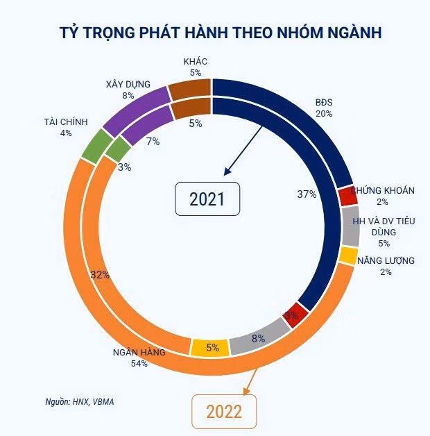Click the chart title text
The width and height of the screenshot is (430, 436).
tap(214, 32)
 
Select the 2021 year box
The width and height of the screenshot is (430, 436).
tap(207, 199)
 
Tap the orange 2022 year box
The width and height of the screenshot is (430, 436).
tap(223, 411)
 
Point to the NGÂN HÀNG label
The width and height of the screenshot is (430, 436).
tap(139, 352)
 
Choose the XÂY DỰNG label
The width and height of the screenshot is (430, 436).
tap(128, 84)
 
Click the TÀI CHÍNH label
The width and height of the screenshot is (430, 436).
tap(65, 121)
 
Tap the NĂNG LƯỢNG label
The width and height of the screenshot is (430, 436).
tap(386, 260)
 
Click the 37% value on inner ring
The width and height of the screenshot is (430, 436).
tap(307, 194)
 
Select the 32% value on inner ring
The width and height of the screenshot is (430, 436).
tap(101, 274)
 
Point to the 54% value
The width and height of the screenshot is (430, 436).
tap(139, 363)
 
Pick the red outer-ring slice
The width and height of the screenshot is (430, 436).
tap(347, 196)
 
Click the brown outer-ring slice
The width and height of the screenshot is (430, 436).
tap(189, 87)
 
